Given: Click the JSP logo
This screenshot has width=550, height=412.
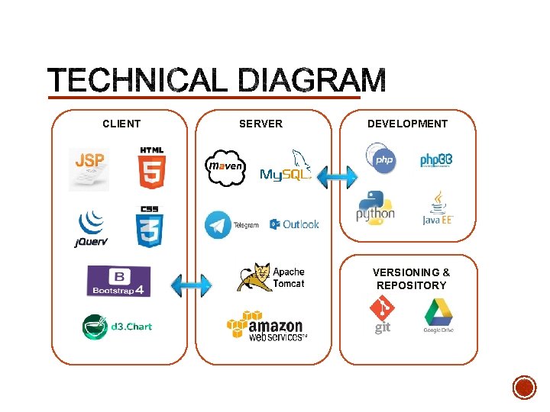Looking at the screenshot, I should point(89,168).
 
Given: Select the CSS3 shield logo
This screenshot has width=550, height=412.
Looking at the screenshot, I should point(150,227).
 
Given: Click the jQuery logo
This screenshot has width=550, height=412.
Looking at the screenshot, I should point(91,228).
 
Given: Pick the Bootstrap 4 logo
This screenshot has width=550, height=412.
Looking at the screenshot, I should point(118,281).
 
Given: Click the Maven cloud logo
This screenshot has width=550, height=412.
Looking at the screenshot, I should point(225,167).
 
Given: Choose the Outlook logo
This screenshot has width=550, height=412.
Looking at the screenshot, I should point(294,224).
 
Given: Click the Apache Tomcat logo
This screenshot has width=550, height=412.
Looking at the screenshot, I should point(271,278).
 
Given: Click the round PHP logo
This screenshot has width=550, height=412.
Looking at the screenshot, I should point(380,159).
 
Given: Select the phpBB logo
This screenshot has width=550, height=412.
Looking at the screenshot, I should point(436,160).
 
